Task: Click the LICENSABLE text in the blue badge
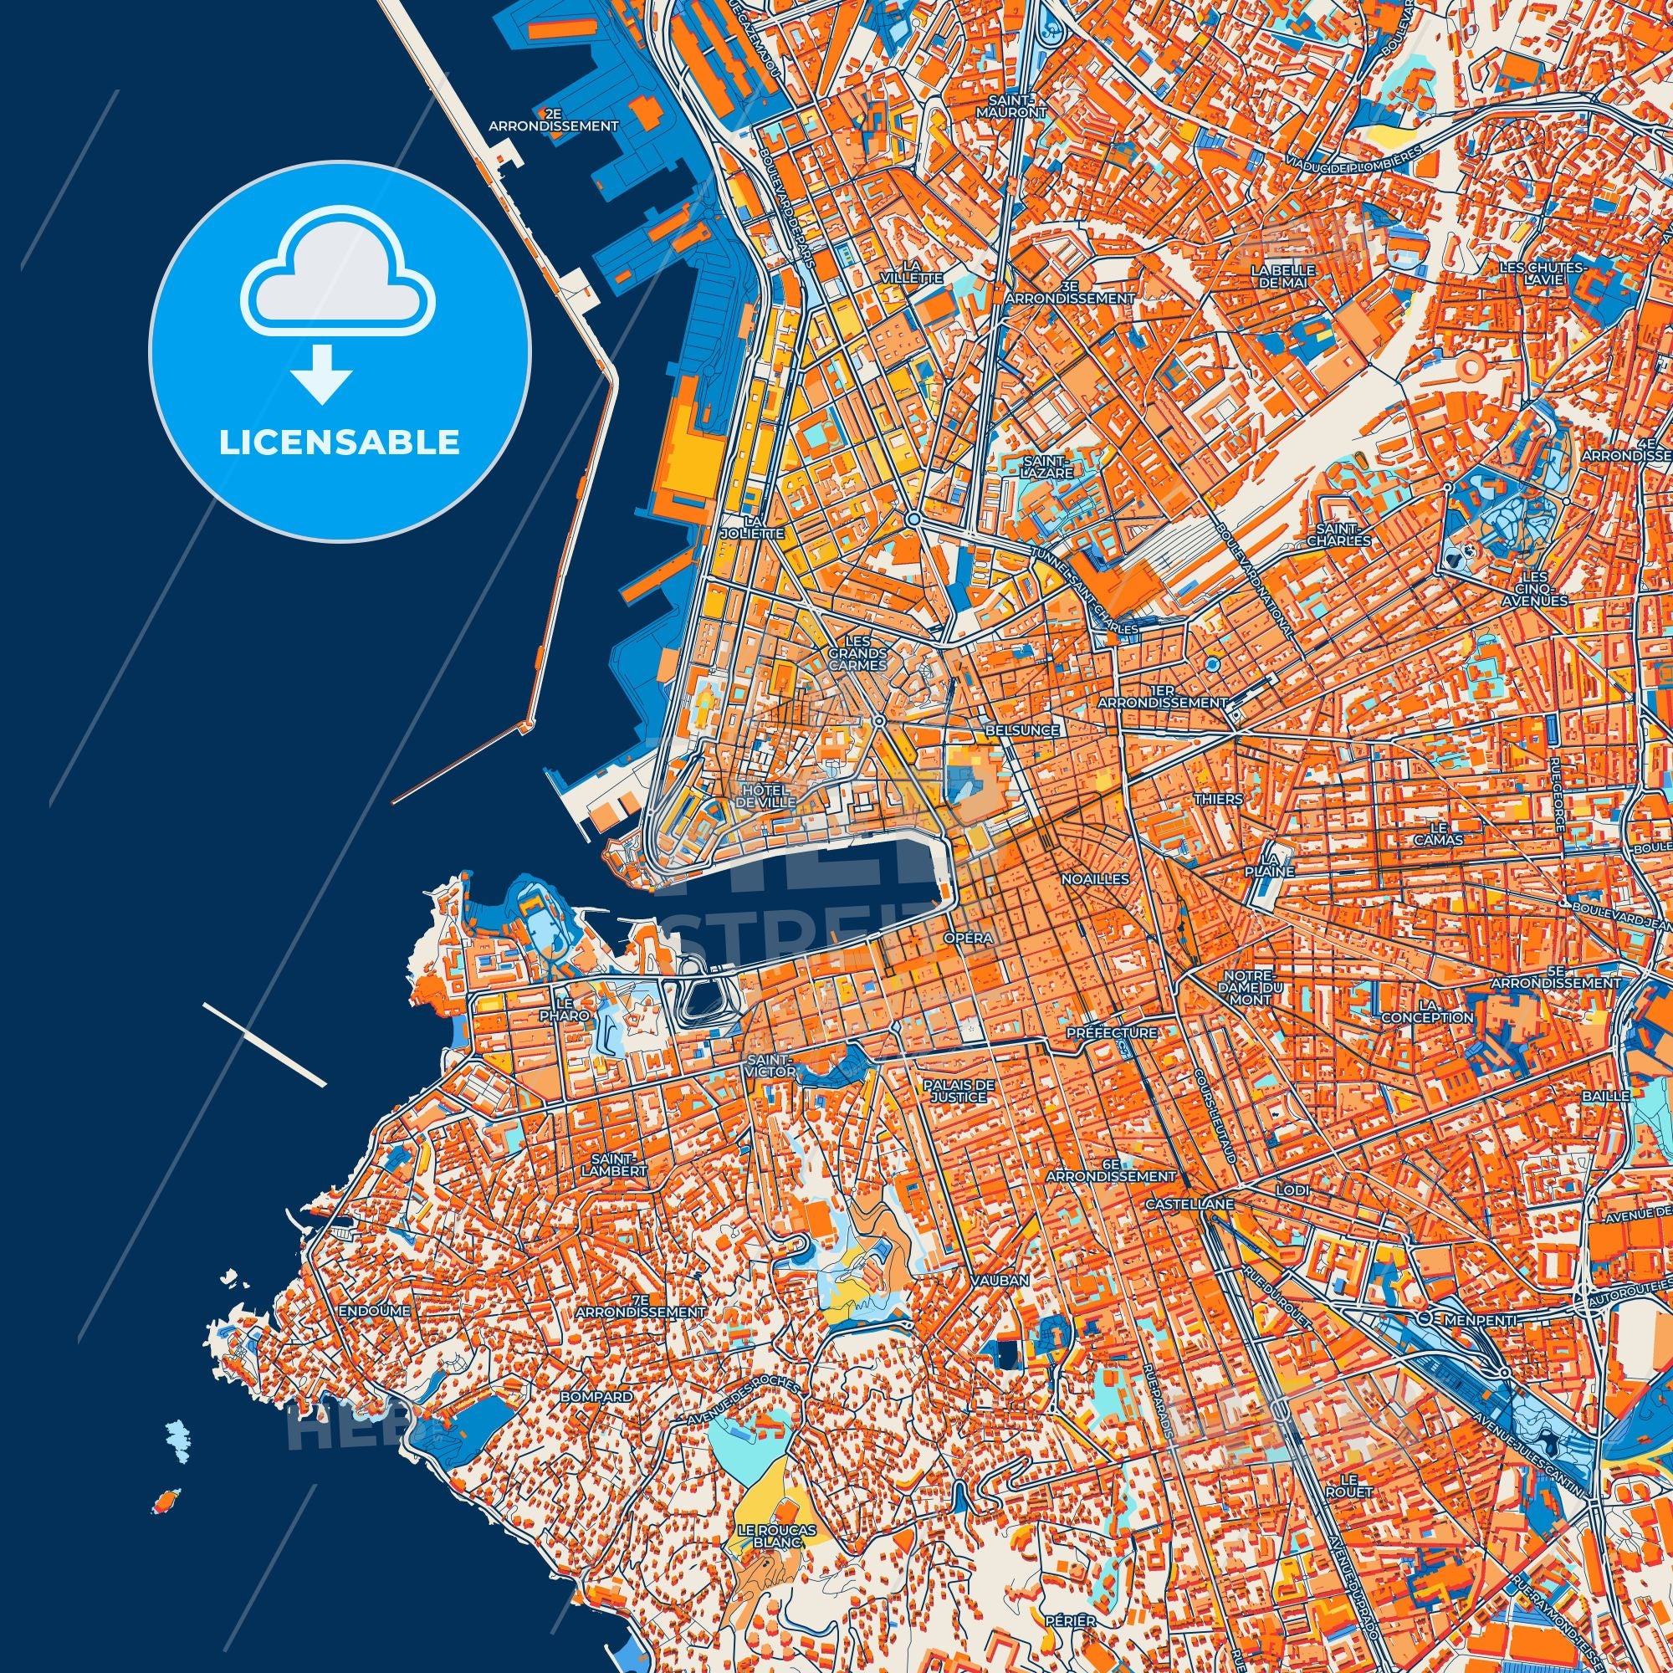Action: (340, 443)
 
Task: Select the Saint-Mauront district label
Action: (1024, 105)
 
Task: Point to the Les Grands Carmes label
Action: (857, 653)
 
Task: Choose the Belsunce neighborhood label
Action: (1022, 730)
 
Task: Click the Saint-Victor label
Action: (770, 1065)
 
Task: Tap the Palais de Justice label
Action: (959, 1090)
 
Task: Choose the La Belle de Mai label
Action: (1282, 275)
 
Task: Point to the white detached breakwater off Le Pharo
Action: (264, 1043)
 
